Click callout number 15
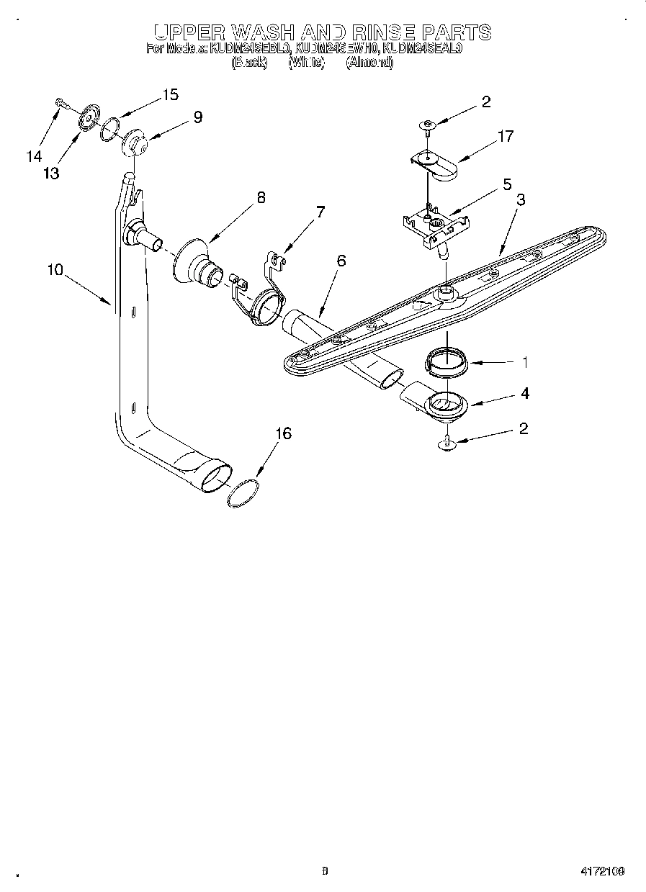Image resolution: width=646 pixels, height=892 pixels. tap(170, 95)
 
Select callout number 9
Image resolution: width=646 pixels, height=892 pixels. tap(197, 117)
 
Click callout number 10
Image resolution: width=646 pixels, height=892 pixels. tap(55, 270)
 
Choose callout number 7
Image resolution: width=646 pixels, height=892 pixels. tap(320, 212)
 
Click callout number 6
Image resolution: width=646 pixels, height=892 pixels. tap(341, 261)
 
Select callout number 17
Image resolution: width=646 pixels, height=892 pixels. tap(506, 135)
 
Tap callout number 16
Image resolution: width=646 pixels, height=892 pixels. tap(284, 433)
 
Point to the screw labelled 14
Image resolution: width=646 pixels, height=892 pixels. tap(60, 104)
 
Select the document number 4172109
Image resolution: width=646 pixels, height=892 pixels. tap(601, 872)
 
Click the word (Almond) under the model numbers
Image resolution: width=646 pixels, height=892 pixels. tap(369, 63)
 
